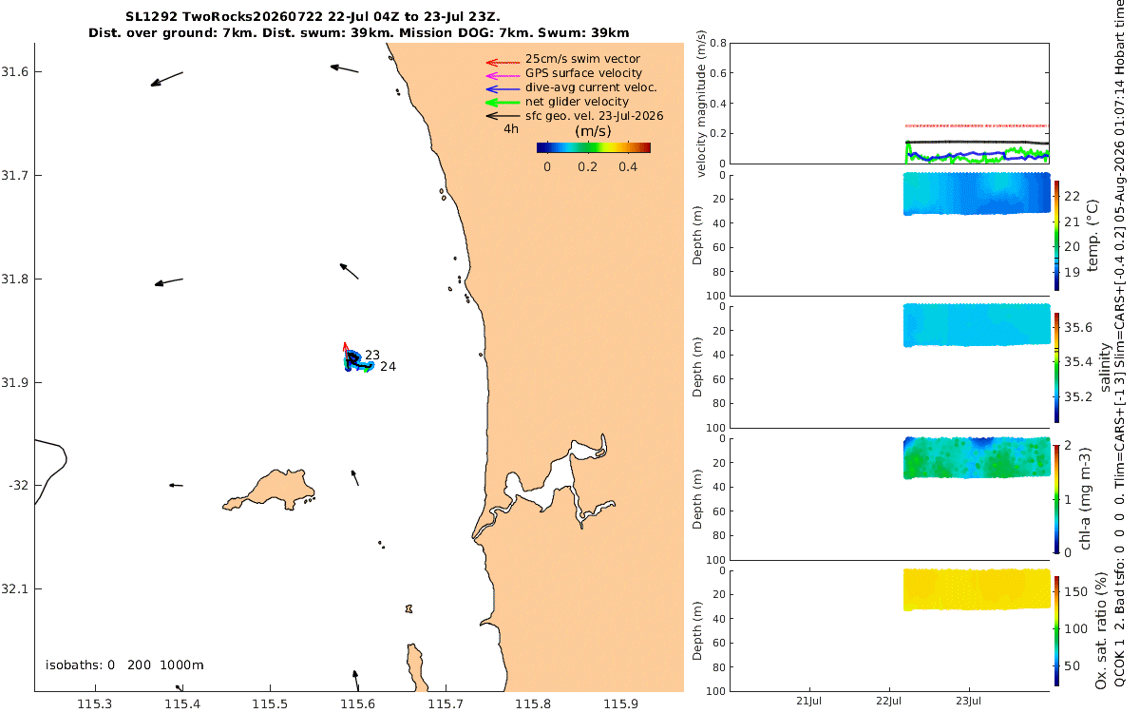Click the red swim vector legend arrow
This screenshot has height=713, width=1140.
tap(503, 63)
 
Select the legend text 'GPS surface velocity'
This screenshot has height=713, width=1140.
tap(583, 73)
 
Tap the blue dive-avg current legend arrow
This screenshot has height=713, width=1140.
tap(503, 89)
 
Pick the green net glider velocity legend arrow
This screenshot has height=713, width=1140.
tap(503, 103)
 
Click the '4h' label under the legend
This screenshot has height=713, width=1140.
tap(511, 129)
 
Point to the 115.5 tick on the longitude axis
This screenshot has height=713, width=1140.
tap(270, 704)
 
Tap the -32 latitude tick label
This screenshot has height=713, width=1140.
tap(18, 486)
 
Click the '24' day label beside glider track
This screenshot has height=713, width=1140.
tap(388, 367)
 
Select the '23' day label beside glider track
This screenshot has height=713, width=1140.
tap(372, 355)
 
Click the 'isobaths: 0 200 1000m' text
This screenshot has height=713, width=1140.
tap(124, 665)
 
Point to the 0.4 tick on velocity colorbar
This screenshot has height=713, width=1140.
tap(628, 167)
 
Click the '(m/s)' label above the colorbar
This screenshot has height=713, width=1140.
tap(593, 131)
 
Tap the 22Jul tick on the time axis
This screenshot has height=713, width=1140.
tap(888, 702)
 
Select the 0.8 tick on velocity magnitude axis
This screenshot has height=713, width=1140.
tap(718, 43)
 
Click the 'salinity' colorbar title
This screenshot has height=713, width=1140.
tap(1105, 368)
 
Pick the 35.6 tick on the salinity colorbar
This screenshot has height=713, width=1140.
tap(1078, 327)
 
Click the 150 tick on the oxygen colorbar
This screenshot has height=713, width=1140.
tap(1075, 591)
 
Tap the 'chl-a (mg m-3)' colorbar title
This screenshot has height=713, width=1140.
tap(1086, 499)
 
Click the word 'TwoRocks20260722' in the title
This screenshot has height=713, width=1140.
tap(253, 17)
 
